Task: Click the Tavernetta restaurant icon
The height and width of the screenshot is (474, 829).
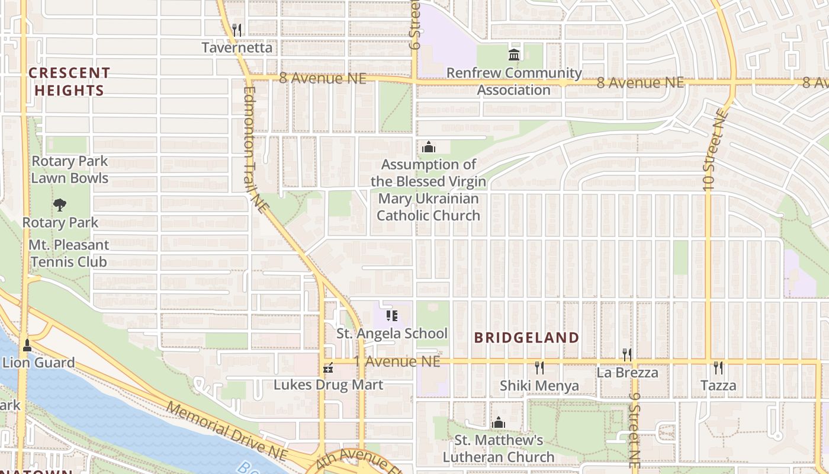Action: coord(237,30)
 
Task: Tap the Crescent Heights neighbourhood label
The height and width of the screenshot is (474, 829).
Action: coord(69,82)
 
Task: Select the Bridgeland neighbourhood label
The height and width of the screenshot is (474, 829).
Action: coord(526,338)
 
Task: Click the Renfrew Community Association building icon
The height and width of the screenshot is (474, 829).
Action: coord(514,55)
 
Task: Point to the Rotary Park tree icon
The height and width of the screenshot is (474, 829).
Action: coord(59,205)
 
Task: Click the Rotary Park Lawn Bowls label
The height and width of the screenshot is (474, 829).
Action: coord(69,169)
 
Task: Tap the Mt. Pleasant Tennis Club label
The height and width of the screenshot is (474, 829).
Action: coord(69,253)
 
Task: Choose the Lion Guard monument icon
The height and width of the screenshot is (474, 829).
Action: coord(27,345)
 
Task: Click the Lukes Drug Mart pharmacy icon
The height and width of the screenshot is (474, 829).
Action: coord(328,369)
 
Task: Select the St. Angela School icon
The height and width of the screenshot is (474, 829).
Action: coord(391,316)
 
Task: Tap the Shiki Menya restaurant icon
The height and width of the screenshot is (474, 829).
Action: coord(539,368)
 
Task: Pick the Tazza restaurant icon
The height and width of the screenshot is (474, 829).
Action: coord(718,368)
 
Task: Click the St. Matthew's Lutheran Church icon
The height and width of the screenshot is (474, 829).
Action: coord(498,422)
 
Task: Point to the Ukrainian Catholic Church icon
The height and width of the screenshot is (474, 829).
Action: coord(428,147)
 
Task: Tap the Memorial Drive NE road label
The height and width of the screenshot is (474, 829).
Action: coord(226,431)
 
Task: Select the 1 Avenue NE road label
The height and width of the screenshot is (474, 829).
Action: coord(397,361)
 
